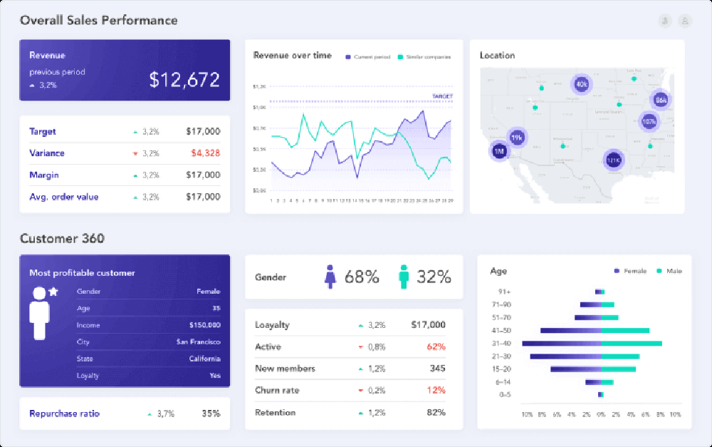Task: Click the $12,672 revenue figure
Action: (x=184, y=79)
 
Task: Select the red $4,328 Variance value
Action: (x=205, y=153)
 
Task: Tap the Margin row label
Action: (x=44, y=175)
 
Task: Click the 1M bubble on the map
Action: (x=499, y=151)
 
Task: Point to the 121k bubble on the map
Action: (x=613, y=161)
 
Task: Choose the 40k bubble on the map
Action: (x=582, y=84)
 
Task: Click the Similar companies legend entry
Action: (x=424, y=57)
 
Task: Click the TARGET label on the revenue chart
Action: (x=442, y=96)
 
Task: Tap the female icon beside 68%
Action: (x=330, y=277)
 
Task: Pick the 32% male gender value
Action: (x=434, y=277)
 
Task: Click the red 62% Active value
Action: (x=436, y=347)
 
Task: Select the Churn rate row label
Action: (x=277, y=391)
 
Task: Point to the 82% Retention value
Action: (x=436, y=413)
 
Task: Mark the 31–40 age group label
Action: (x=502, y=344)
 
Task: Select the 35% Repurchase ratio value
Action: (x=211, y=413)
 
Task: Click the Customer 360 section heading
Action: (x=62, y=239)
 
